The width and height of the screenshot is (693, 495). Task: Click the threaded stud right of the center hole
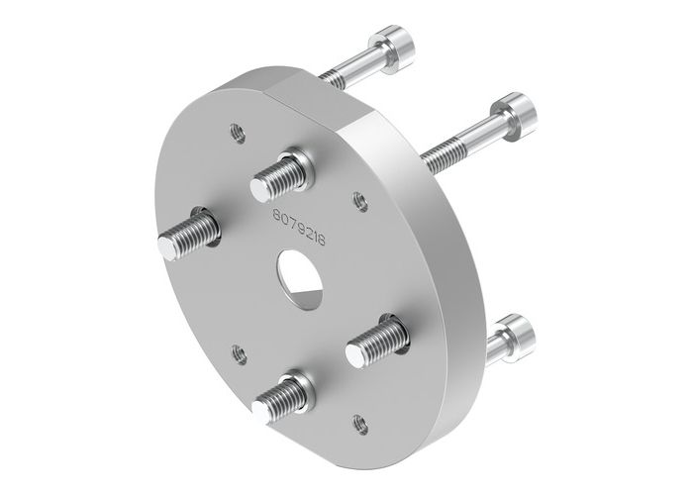376,342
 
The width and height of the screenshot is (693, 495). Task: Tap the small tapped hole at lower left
238,350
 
